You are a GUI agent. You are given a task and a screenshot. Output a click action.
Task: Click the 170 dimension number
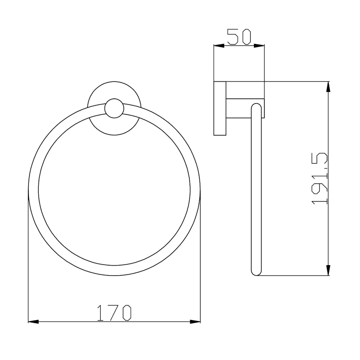point(114,313)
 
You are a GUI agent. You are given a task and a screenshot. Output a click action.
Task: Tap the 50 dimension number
point(239,37)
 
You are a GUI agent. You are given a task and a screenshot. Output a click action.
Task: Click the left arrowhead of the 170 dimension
point(33,321)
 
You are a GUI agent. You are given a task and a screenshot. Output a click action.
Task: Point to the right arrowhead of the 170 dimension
point(196,321)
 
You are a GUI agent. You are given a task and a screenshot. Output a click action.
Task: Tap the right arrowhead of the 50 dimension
point(259,46)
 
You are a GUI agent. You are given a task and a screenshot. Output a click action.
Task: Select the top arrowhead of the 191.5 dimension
point(328,86)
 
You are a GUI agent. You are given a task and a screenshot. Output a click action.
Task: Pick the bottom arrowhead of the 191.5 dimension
point(328,271)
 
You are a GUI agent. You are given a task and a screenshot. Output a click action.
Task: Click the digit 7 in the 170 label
point(114,313)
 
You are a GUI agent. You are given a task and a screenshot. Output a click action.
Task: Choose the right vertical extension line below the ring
point(201,262)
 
